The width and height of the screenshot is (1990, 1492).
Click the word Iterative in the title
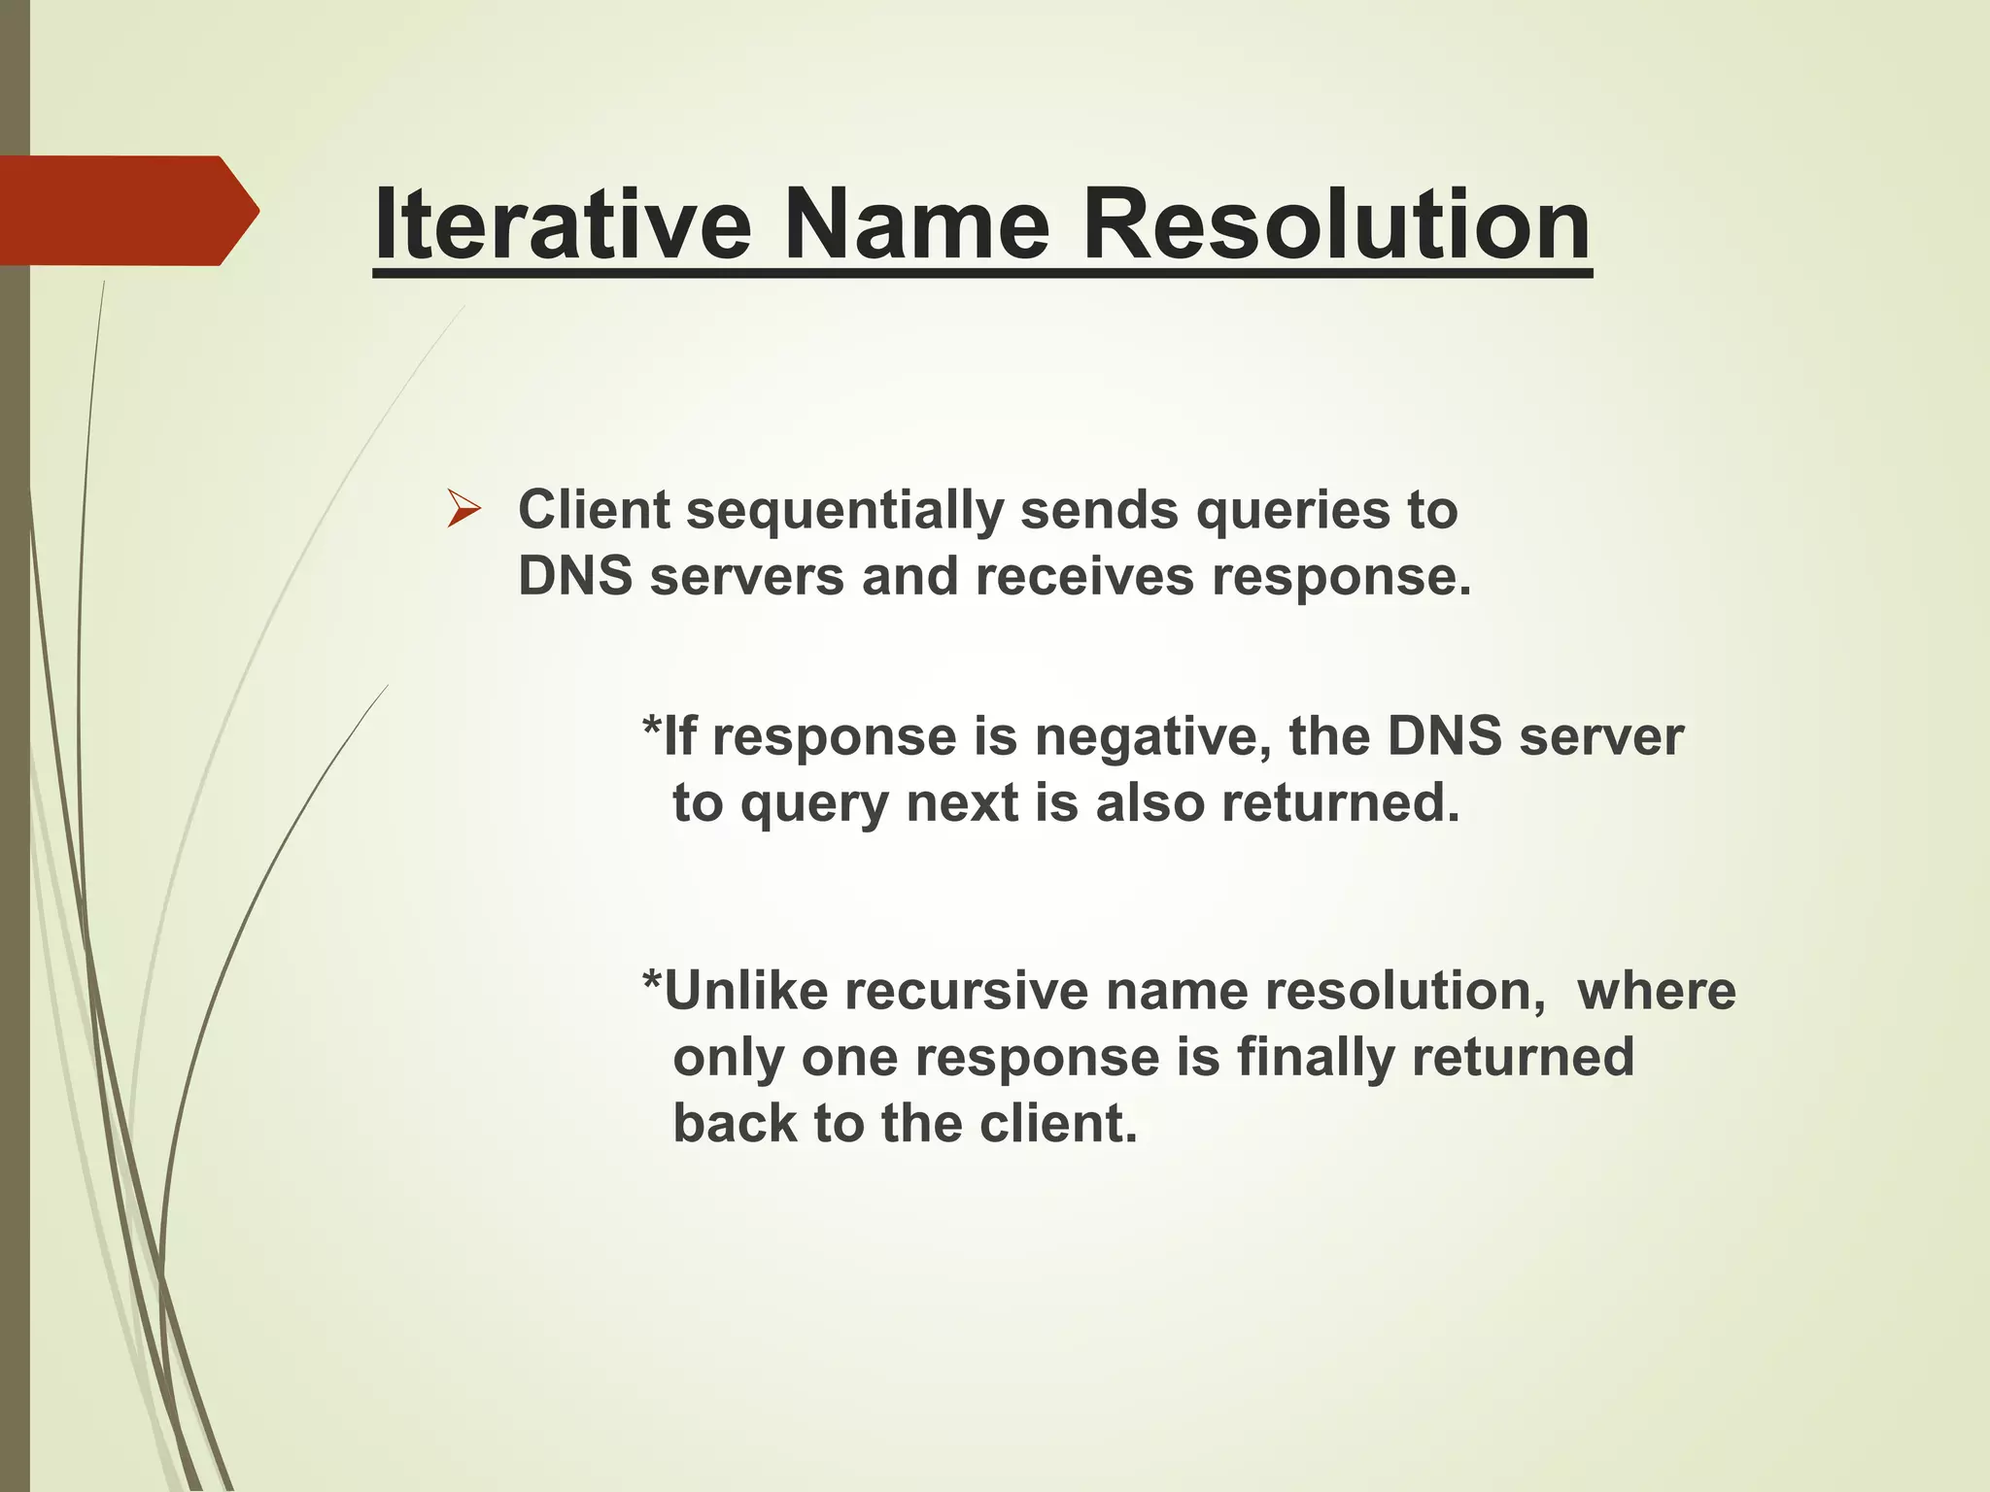point(562,225)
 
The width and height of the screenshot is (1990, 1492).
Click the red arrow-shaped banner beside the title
point(126,210)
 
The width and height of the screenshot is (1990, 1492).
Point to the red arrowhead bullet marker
point(463,510)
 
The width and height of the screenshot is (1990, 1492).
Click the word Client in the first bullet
point(594,510)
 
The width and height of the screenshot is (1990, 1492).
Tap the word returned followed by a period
point(1340,803)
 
